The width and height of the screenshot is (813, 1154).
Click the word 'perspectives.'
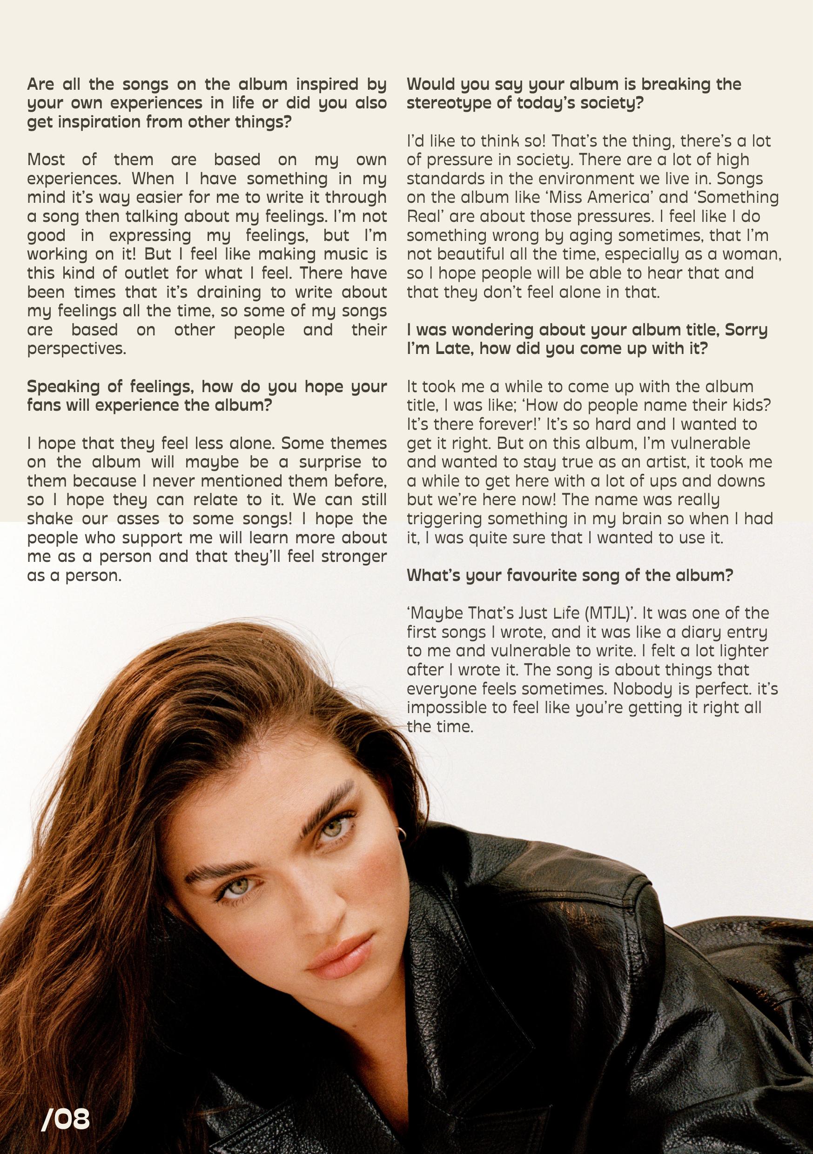77,349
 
